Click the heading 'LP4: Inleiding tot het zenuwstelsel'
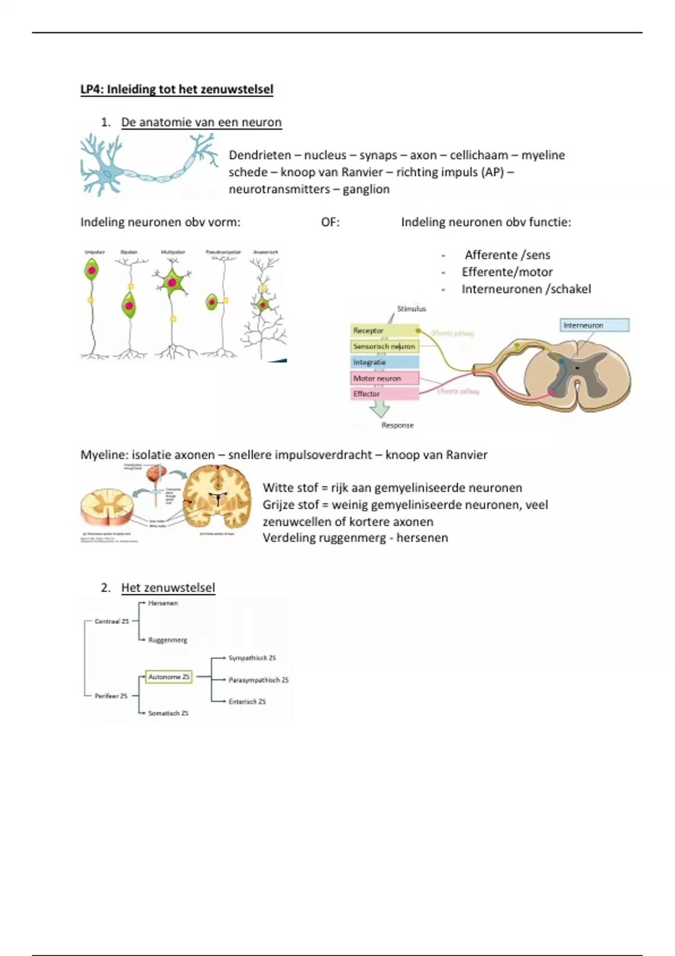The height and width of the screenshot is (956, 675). click(x=177, y=89)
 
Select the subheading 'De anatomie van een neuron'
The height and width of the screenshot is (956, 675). click(x=201, y=123)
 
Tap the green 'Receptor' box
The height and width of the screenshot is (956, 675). click(x=385, y=331)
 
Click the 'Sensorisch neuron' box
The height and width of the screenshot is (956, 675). click(x=385, y=346)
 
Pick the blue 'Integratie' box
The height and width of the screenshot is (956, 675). click(x=385, y=362)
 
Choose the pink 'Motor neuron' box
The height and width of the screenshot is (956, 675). click(x=385, y=378)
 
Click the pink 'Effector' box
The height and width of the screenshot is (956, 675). click(x=385, y=394)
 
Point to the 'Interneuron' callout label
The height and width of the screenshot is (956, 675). click(x=595, y=325)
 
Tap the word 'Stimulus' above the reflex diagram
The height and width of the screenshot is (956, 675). click(x=411, y=309)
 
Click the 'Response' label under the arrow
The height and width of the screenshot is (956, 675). click(x=397, y=425)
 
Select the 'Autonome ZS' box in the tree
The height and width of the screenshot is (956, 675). click(x=169, y=677)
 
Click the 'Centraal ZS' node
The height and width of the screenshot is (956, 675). click(x=111, y=621)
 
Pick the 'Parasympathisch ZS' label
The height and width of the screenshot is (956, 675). click(x=258, y=680)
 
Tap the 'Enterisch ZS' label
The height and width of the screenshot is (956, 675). click(x=247, y=701)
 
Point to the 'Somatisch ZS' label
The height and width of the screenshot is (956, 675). click(x=168, y=713)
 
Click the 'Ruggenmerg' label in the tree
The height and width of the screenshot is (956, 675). click(x=168, y=640)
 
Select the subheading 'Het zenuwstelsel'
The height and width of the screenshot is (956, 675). click(x=168, y=588)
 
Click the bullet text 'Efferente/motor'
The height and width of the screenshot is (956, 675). click(x=507, y=272)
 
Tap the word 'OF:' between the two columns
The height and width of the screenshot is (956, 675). click(x=330, y=222)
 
